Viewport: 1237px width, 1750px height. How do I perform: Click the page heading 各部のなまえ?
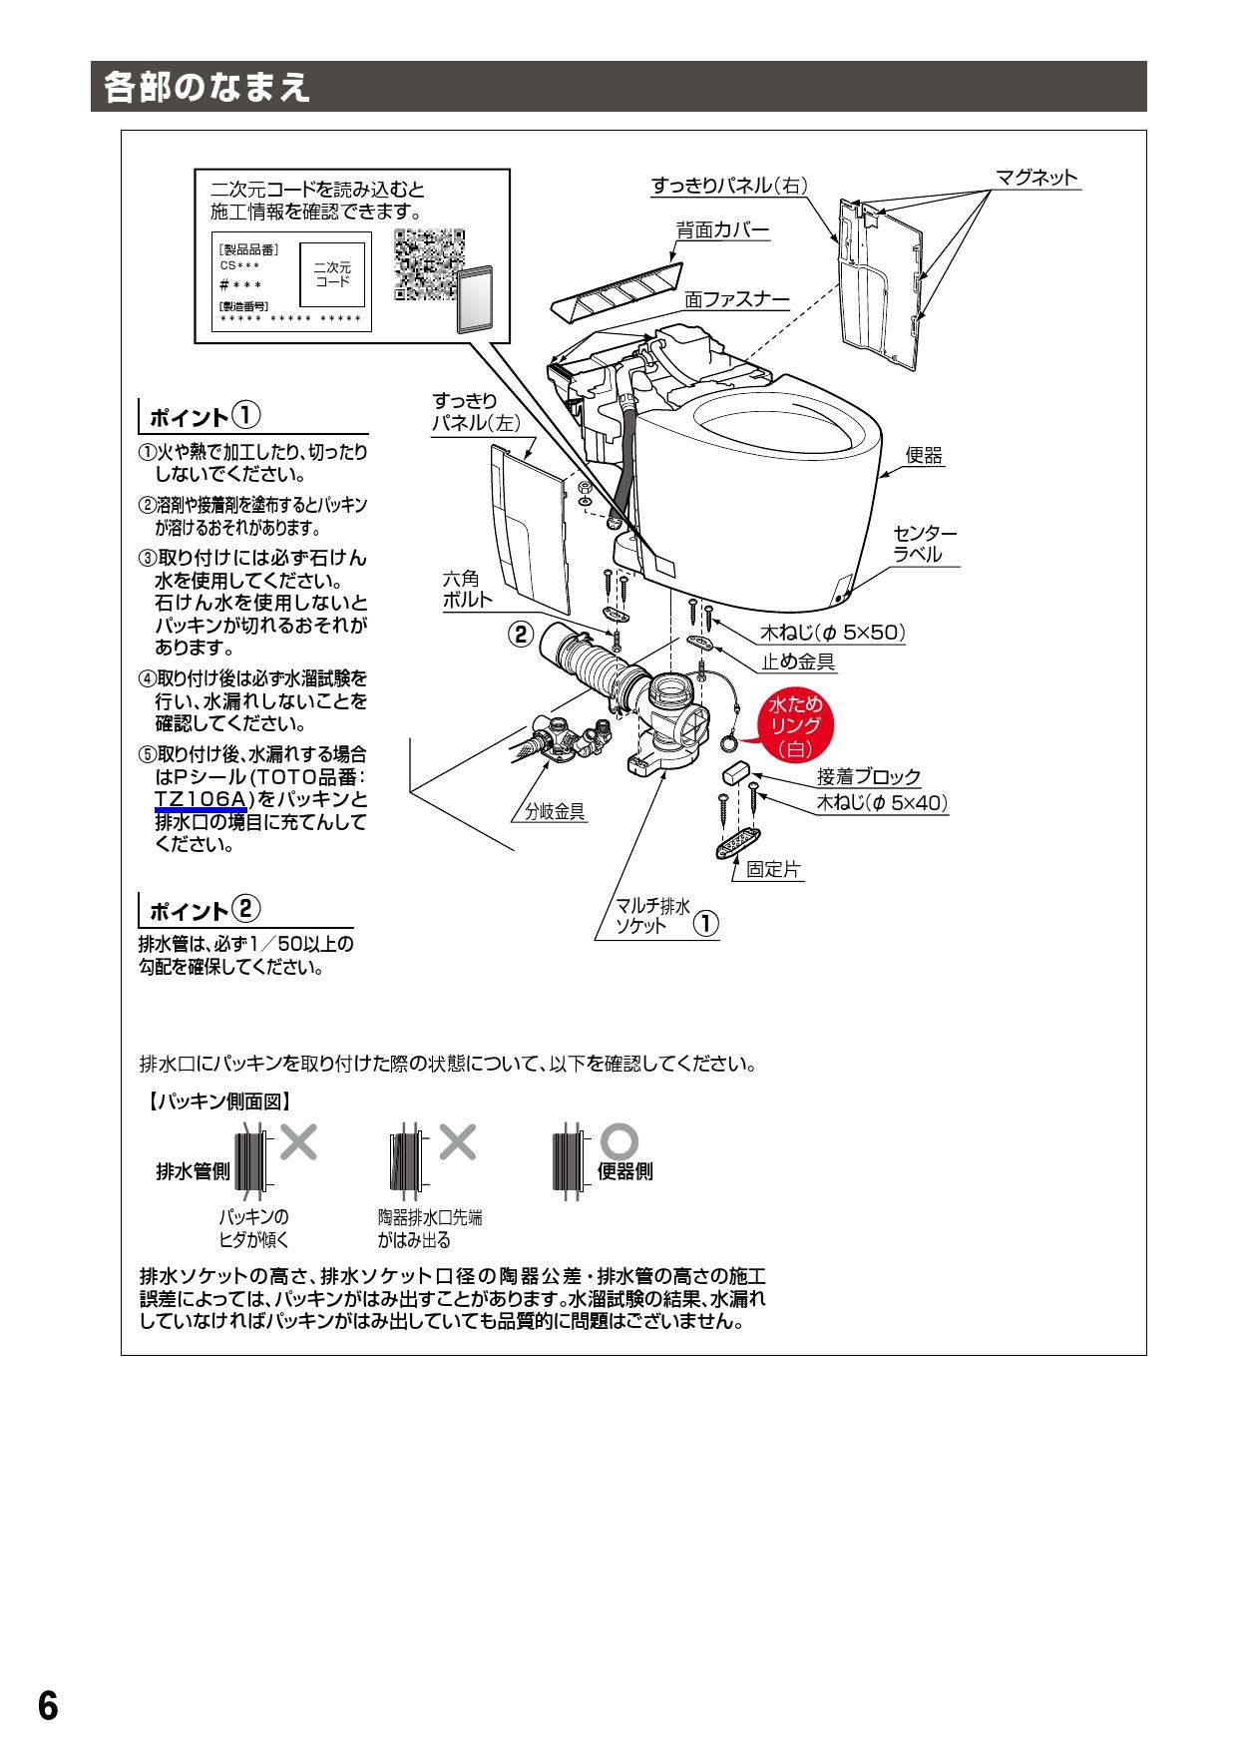pyautogui.click(x=207, y=88)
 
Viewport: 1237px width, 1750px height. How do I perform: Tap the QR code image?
pyautogui.click(x=429, y=264)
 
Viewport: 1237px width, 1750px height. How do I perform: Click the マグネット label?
pyautogui.click(x=1036, y=178)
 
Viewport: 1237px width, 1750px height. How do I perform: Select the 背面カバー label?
pyautogui.click(x=723, y=230)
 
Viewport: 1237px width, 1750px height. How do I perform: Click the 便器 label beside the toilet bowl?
pyautogui.click(x=924, y=455)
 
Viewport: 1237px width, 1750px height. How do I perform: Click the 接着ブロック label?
pyautogui.click(x=868, y=776)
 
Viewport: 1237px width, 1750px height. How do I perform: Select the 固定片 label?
pyautogui.click(x=773, y=869)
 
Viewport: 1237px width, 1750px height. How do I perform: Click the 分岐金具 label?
pyautogui.click(x=556, y=812)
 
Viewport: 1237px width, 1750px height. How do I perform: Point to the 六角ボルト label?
pyautogui.click(x=467, y=589)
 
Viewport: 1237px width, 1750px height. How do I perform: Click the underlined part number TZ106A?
pyautogui.click(x=201, y=798)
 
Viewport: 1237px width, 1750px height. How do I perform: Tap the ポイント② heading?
pyautogui.click(x=205, y=909)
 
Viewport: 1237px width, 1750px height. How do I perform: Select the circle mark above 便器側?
pyautogui.click(x=621, y=1140)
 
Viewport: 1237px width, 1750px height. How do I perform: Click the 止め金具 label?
pyautogui.click(x=798, y=660)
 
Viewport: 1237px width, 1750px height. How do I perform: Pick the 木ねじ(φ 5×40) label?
pyautogui.click(x=881, y=802)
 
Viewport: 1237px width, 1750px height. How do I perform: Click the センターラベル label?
pyautogui.click(x=924, y=544)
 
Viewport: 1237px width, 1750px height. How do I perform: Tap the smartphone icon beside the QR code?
pyautogui.click(x=480, y=298)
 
